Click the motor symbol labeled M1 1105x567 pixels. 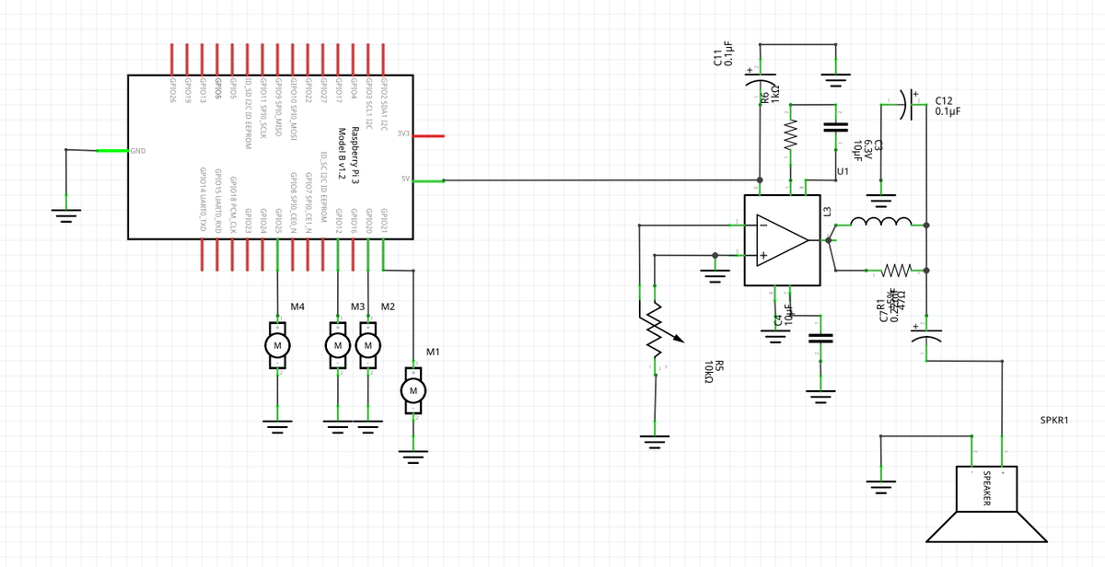pyautogui.click(x=413, y=391)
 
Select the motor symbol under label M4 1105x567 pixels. pyautogui.click(x=277, y=345)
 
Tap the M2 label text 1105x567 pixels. pyautogui.click(x=388, y=306)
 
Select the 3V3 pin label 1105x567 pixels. pyautogui.click(x=402, y=135)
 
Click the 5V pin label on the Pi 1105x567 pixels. pyautogui.click(x=404, y=179)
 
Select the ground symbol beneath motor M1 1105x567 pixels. pyautogui.click(x=413, y=452)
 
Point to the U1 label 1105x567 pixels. pyautogui.click(x=843, y=172)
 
